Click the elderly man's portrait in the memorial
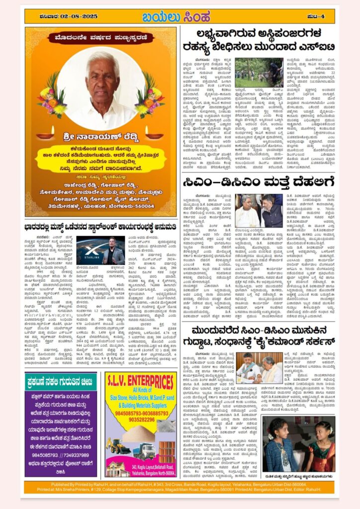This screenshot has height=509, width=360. point(101,88)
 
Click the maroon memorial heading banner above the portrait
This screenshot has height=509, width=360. point(101,38)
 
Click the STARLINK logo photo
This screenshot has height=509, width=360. point(93,251)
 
